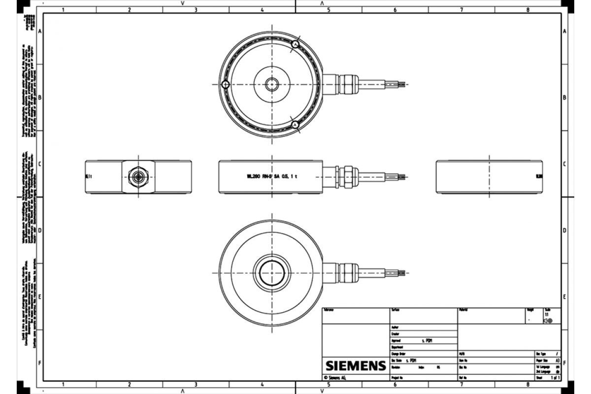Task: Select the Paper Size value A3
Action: point(557,361)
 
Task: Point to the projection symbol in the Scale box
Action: point(548,320)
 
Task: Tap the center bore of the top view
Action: point(272,85)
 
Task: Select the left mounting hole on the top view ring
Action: point(225,85)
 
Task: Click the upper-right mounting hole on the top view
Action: point(295,44)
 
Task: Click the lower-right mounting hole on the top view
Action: point(295,125)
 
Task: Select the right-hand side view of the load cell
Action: point(489,176)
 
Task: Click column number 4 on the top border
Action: point(262,9)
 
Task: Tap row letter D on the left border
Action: point(39,230)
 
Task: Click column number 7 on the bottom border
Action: point(461,384)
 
